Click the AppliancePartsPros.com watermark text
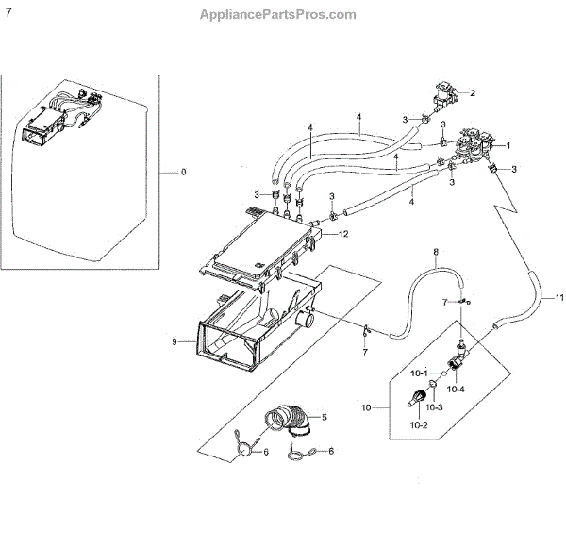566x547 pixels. point(279,14)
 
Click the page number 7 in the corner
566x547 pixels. point(8,12)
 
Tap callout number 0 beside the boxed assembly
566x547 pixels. point(184,173)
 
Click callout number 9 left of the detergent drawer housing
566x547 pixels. point(175,341)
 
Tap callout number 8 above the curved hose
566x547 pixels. point(436,253)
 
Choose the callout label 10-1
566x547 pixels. point(418,372)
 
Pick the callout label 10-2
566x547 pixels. point(418,424)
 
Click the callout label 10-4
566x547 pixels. point(456,388)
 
